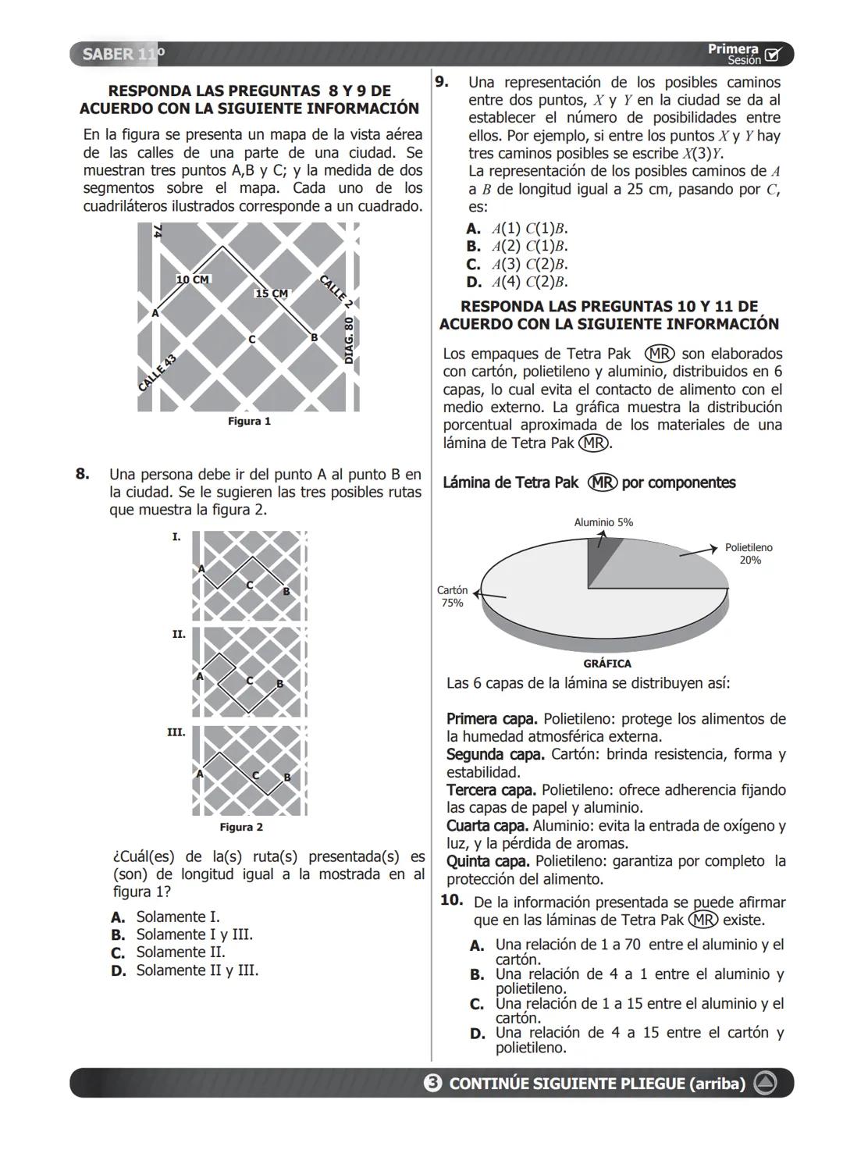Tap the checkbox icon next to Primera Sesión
tap(773, 55)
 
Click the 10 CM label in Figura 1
tap(193, 279)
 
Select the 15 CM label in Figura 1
tap(272, 294)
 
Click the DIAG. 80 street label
tap(350, 340)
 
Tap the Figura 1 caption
tap(249, 422)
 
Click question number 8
tap(83, 475)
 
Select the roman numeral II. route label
tap(179, 635)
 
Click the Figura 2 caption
tap(241, 828)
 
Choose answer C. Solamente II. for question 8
tap(169, 952)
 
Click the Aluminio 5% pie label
tap(603, 522)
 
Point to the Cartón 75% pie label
tap(452, 596)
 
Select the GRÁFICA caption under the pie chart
tap(607, 664)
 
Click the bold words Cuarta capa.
tap(487, 826)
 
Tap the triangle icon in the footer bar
tap(766, 1084)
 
